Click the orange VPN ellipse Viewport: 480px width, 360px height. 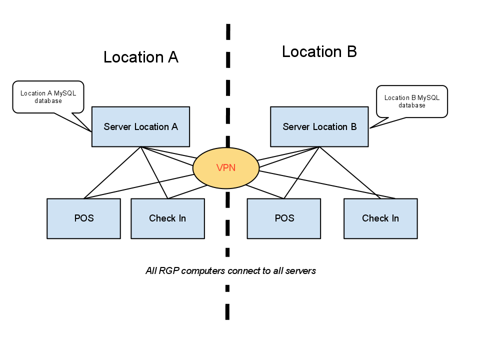pyautogui.click(x=226, y=168)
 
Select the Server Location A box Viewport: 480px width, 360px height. pyautogui.click(x=140, y=126)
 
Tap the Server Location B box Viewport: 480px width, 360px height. pyautogui.click(x=319, y=126)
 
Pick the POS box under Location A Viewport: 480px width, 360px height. pyautogui.click(x=83, y=218)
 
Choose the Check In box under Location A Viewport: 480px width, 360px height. pyautogui.click(x=167, y=218)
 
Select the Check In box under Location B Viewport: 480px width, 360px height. pyautogui.click(x=380, y=218)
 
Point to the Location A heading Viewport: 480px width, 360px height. pyautogui.click(x=141, y=57)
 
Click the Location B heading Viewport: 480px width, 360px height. pyautogui.click(x=319, y=51)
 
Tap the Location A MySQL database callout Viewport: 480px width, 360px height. pyautogui.click(x=48, y=96)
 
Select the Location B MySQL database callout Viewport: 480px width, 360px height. pyautogui.click(x=412, y=101)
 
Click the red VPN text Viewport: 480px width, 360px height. pyautogui.click(x=226, y=168)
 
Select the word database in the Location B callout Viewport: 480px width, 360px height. pyautogui.click(x=412, y=105)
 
